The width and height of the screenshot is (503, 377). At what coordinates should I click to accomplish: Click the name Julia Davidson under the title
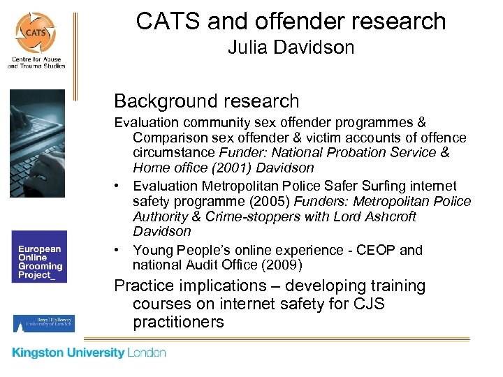[291, 47]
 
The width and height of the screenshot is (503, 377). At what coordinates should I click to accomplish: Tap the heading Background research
[206, 101]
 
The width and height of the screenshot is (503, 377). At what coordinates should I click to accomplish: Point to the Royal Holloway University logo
[43, 323]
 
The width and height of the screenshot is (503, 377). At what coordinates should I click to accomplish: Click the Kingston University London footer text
[89, 353]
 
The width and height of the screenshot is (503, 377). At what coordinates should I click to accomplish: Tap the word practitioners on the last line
[178, 322]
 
